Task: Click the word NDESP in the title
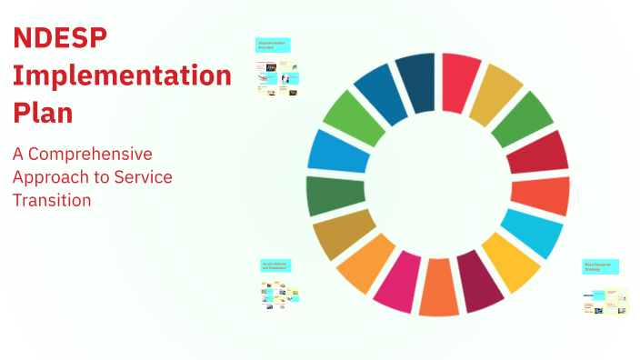60,38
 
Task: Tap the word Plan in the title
43,113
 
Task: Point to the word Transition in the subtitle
52,199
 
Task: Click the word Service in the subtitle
142,176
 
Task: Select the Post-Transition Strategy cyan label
601,266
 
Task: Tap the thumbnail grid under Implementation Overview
277,79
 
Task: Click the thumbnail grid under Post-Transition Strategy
605,301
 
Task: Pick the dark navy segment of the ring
415,81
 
